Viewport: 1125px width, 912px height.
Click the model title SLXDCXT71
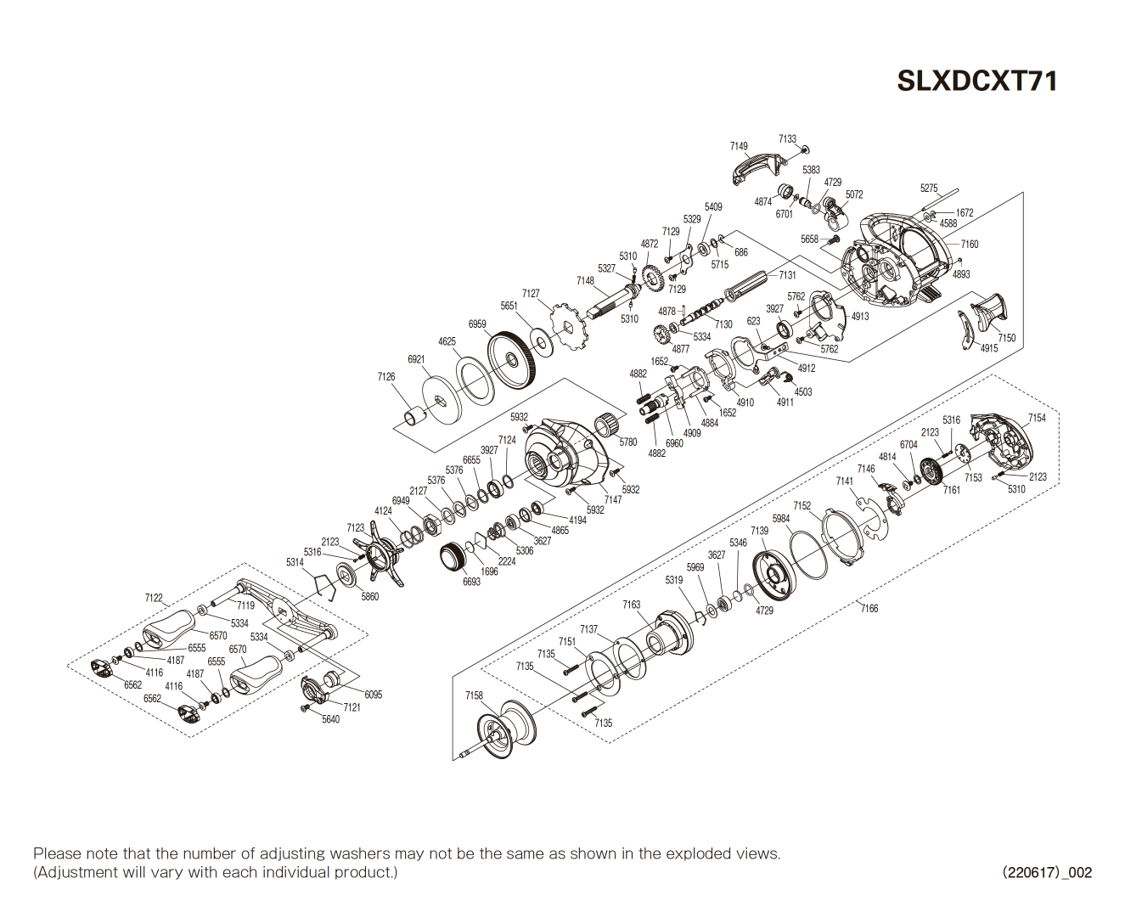(977, 81)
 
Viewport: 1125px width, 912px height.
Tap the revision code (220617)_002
(1047, 872)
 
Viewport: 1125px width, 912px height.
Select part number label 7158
(474, 695)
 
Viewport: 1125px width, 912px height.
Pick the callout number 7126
(386, 376)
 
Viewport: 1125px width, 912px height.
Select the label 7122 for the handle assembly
(154, 598)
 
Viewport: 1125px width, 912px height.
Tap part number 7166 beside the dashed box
(869, 608)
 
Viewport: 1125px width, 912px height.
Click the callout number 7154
(1037, 418)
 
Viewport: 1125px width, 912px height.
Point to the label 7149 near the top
(739, 146)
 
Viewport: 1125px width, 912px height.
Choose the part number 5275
(929, 189)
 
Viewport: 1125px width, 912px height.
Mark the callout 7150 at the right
(1006, 337)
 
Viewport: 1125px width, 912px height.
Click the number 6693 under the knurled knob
(471, 582)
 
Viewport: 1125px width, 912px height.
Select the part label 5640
(330, 719)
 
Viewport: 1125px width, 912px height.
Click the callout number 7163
(631, 605)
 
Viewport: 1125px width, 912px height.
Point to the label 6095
(373, 695)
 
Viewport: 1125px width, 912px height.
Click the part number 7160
(970, 244)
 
